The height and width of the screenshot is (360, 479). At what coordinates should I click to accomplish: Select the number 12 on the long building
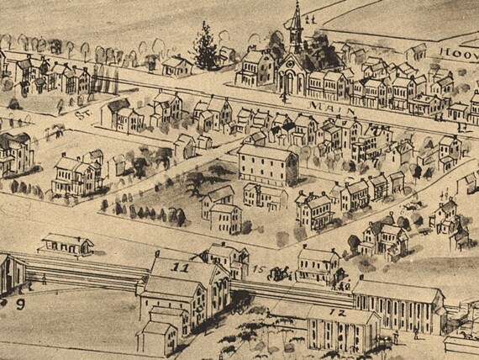[x=341, y=312]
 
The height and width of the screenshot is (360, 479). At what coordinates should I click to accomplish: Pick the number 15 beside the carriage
[x=260, y=271]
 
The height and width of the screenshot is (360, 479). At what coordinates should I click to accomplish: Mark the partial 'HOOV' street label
[x=457, y=52]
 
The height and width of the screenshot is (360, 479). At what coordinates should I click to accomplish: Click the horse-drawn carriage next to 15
[x=281, y=272]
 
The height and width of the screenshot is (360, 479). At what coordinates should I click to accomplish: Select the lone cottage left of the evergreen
[x=176, y=66]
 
